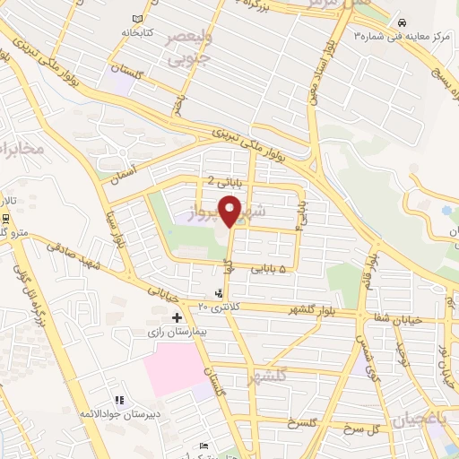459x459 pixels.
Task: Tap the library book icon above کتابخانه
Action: (136, 20)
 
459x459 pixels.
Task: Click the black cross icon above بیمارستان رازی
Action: (177, 316)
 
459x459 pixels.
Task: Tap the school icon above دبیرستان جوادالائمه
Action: (118, 401)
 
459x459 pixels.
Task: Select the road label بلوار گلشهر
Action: (290, 309)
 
